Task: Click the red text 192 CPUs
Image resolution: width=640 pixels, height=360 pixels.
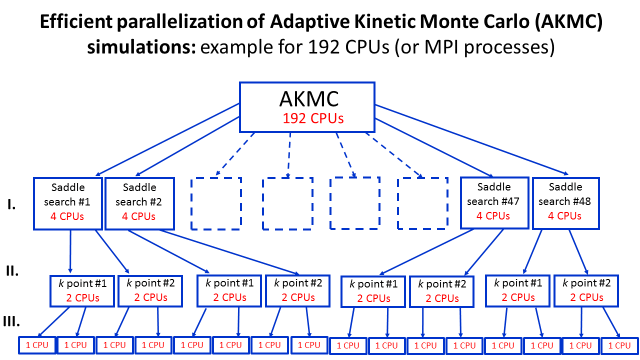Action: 313,118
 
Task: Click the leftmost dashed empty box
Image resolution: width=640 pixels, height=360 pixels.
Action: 216,203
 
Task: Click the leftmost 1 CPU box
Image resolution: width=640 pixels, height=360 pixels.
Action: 37,345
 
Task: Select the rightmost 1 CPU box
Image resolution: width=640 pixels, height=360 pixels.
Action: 619,345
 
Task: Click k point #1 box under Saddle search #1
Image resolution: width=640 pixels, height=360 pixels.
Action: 82,290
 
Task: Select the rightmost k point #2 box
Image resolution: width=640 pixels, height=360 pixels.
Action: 586,290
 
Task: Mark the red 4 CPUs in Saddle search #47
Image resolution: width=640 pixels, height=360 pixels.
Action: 493,216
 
